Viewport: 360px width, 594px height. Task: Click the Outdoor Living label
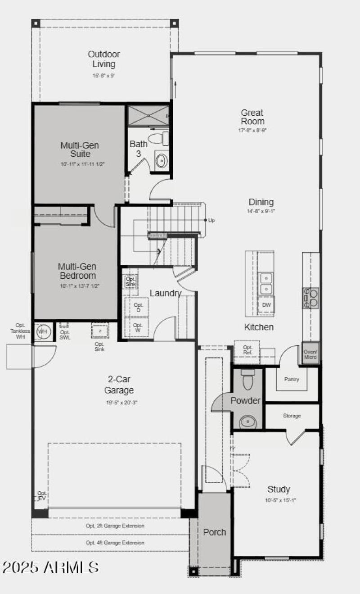(104, 59)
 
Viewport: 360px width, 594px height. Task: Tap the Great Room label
(252, 117)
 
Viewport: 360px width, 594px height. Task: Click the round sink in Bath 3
(161, 159)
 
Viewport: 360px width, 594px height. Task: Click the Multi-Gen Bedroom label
(77, 271)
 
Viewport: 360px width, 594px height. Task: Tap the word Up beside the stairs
(211, 220)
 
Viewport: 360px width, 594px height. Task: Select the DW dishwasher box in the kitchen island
(266, 305)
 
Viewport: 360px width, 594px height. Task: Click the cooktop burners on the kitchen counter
(310, 298)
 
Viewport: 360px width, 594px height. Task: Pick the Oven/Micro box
(310, 354)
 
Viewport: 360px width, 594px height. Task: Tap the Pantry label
(292, 379)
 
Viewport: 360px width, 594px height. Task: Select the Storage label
(292, 416)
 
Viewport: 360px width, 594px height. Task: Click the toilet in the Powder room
(248, 380)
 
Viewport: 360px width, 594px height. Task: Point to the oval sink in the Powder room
(247, 422)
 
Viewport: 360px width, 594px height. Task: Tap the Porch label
(215, 532)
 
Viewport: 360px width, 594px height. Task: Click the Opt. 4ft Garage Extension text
(115, 543)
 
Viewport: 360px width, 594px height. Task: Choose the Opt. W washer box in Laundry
(138, 327)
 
